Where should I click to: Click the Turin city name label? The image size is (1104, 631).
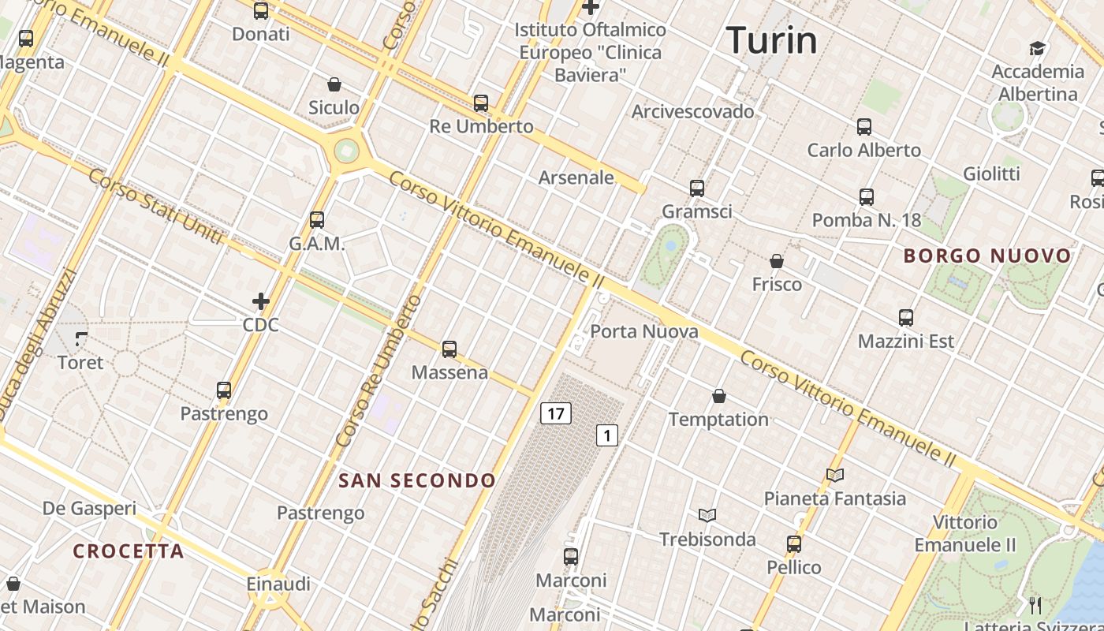tap(771, 40)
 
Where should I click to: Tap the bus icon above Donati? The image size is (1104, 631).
tap(261, 11)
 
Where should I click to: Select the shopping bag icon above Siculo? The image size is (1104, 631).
tap(334, 84)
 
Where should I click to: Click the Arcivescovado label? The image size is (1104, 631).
tap(692, 111)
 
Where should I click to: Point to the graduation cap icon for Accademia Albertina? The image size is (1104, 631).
tap(1037, 48)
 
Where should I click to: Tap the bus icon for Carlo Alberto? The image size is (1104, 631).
tap(864, 126)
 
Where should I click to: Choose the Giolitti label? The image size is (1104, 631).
tap(991, 174)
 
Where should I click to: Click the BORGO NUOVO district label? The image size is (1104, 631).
tap(987, 256)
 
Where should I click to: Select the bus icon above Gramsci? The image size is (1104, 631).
tap(697, 188)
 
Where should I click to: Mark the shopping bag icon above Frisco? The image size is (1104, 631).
tap(777, 261)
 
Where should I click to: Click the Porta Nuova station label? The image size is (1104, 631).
tap(644, 331)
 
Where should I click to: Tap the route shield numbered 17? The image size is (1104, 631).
tap(556, 413)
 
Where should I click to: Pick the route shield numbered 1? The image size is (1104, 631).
tap(606, 435)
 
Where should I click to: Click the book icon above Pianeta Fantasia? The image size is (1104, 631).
tap(835, 475)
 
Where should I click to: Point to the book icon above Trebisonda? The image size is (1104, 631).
tap(707, 516)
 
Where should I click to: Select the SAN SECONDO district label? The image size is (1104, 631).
tap(417, 480)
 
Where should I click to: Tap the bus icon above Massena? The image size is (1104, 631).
tap(449, 349)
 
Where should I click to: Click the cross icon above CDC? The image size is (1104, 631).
tap(261, 301)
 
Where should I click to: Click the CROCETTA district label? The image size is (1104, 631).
tap(129, 551)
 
